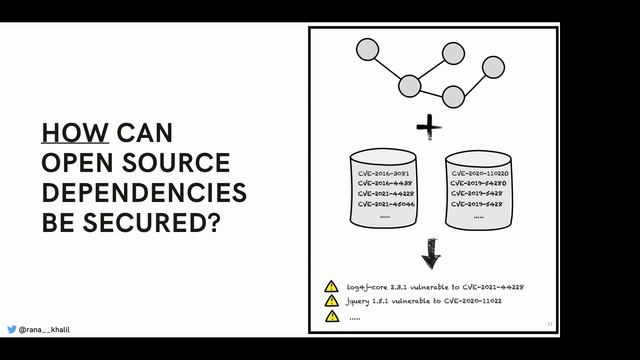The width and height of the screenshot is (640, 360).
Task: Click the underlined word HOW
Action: [x=75, y=133]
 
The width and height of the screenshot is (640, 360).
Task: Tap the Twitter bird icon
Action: [x=11, y=329]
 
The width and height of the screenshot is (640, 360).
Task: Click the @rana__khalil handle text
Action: [x=44, y=329]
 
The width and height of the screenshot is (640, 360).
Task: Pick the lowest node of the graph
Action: [x=453, y=96]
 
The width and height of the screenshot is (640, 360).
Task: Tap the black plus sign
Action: [x=429, y=126]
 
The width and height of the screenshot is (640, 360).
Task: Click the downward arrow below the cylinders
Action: [x=430, y=254]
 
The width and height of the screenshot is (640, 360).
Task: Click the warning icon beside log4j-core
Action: [x=331, y=287]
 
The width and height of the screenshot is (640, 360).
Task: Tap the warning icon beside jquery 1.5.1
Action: [x=331, y=301]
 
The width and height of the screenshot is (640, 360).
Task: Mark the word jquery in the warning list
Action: [x=360, y=301]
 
